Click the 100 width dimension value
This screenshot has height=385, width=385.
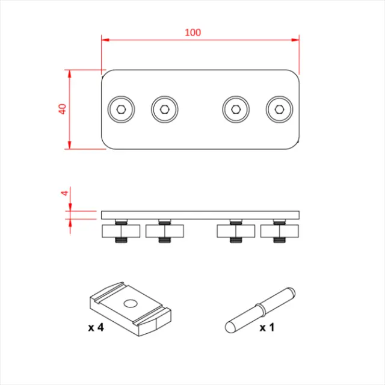click(x=192, y=32)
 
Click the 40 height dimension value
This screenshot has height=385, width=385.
click(x=61, y=109)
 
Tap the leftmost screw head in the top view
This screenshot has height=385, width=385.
click(x=121, y=109)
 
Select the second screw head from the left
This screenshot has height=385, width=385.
click(x=164, y=109)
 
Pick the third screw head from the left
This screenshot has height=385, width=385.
click(x=236, y=109)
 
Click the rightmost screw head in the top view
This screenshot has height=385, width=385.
click(x=279, y=109)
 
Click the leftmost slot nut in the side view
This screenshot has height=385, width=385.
click(x=121, y=231)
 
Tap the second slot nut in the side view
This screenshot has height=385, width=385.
click(x=164, y=231)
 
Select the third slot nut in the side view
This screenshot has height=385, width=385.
click(x=236, y=231)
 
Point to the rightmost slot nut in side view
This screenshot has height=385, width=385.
click(x=279, y=231)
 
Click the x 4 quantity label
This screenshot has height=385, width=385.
click(x=97, y=328)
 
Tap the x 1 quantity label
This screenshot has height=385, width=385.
click(x=266, y=328)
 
